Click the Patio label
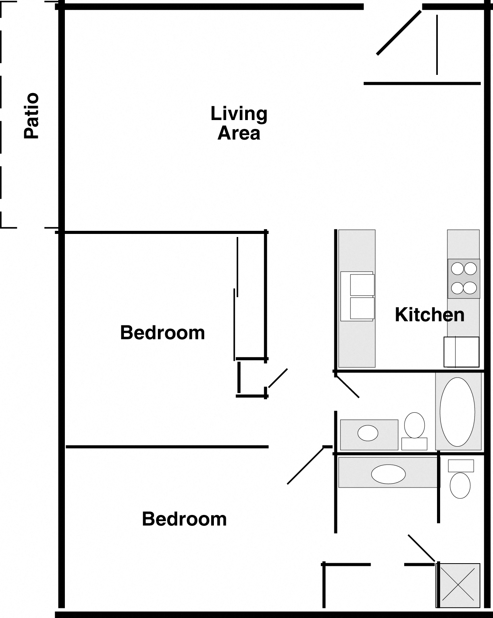(32, 116)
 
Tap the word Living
(239, 114)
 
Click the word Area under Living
(239, 133)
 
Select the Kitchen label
(429, 315)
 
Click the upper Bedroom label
(162, 333)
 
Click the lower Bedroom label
(184, 519)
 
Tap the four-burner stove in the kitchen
(464, 278)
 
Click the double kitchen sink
(357, 296)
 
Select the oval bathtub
(457, 411)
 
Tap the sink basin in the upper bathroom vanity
(368, 433)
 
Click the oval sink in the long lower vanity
(388, 474)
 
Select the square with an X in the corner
(458, 586)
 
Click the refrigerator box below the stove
(461, 352)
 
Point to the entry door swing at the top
(398, 33)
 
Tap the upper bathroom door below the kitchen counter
(347, 385)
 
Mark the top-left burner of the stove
(457, 268)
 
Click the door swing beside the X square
(422, 548)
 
